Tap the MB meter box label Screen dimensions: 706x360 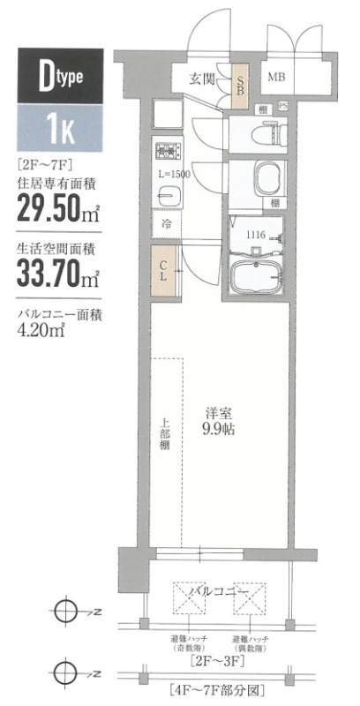(x=276, y=77)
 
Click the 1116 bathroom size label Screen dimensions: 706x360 (x=256, y=235)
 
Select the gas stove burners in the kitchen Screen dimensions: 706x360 (x=163, y=151)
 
